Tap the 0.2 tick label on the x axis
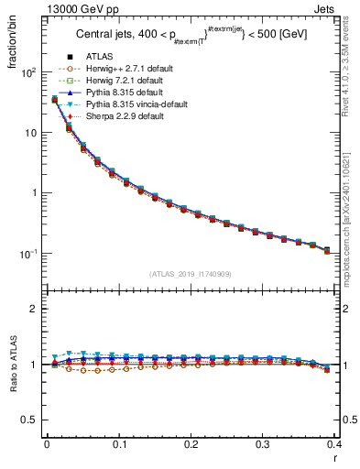(191, 444)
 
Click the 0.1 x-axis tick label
(118, 444)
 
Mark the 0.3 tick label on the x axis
(263, 444)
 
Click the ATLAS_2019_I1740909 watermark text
(191, 274)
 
